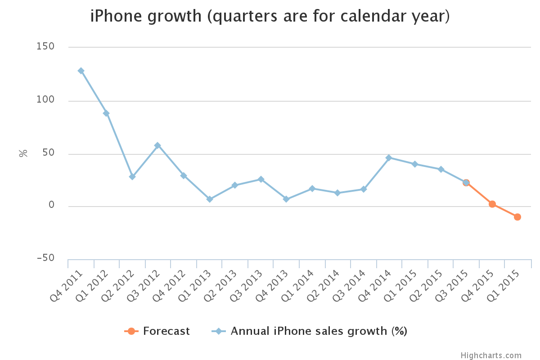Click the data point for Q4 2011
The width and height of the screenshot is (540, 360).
tap(81, 71)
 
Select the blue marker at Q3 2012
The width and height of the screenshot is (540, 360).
tap(157, 145)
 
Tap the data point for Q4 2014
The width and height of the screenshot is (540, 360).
tap(389, 157)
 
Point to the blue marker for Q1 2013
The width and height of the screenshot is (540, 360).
tap(209, 199)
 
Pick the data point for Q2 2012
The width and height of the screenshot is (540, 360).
tap(132, 176)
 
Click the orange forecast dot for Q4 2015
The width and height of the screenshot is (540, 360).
tap(492, 204)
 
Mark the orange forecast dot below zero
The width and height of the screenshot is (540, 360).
tap(517, 217)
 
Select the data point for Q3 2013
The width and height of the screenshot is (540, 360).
tap(261, 179)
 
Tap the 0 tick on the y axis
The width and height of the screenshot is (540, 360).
tap(51, 206)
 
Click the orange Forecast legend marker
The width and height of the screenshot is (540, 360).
tap(131, 331)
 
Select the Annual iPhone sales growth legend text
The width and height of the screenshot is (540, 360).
tap(319, 331)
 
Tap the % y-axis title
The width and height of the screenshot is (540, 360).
tap(23, 153)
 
